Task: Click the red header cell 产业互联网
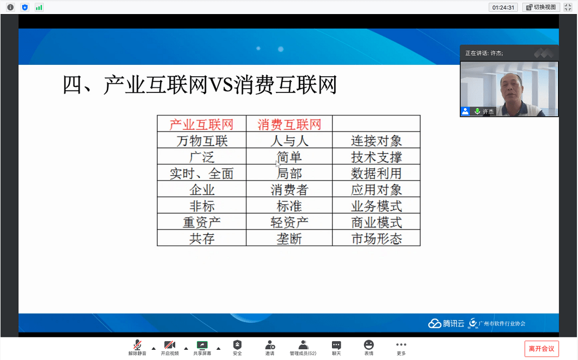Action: click(x=202, y=124)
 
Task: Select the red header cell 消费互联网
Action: click(x=289, y=124)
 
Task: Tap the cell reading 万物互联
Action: click(x=202, y=141)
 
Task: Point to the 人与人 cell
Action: click(x=289, y=141)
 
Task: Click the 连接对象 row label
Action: click(x=376, y=141)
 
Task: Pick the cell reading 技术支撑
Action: click(x=376, y=157)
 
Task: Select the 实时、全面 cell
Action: click(x=202, y=173)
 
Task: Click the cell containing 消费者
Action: click(x=289, y=189)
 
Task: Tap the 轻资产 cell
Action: click(x=289, y=222)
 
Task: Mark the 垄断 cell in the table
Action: click(x=289, y=238)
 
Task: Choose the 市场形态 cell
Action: click(x=376, y=238)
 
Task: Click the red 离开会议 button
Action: click(x=542, y=349)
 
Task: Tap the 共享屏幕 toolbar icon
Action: click(x=202, y=345)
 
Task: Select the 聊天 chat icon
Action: click(x=336, y=345)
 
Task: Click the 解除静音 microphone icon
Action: click(x=137, y=345)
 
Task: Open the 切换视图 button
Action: click(x=541, y=7)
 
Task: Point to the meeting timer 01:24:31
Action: click(x=503, y=8)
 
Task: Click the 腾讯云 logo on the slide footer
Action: click(x=446, y=324)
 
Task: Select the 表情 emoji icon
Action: click(x=369, y=345)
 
